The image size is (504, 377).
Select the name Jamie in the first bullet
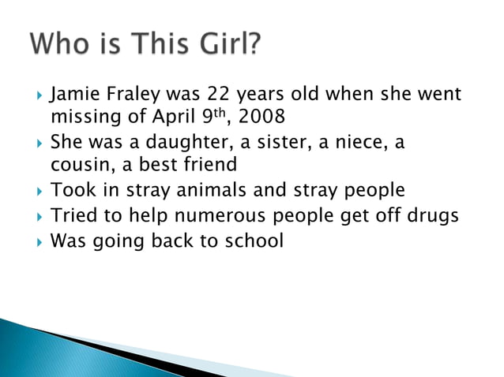pos(73,96)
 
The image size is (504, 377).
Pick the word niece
pos(355,144)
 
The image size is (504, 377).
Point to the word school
pos(251,240)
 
